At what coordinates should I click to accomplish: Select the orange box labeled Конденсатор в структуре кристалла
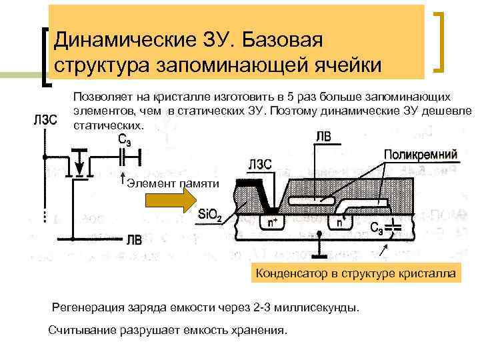point(357,273)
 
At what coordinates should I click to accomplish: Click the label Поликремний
point(421,154)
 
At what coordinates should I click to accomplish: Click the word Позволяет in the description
point(98,97)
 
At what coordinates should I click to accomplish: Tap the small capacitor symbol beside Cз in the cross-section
point(396,227)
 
